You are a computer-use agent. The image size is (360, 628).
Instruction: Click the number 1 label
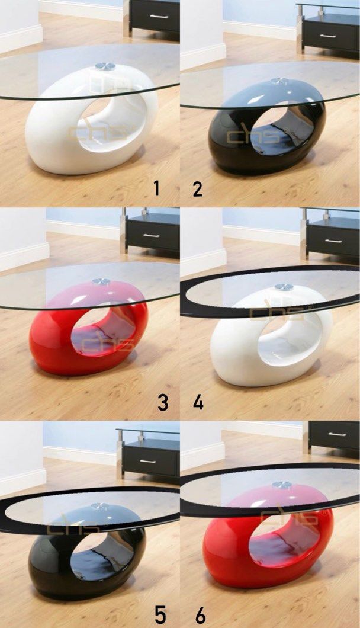point(156,188)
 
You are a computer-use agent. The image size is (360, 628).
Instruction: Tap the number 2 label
point(198,189)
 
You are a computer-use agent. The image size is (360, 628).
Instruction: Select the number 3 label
point(163,402)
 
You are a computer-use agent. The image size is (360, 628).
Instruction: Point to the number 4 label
point(198,402)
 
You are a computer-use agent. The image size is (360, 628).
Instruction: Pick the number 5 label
point(160,615)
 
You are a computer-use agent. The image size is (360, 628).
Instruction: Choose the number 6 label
point(200,615)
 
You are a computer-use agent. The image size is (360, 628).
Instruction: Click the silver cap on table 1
point(105,67)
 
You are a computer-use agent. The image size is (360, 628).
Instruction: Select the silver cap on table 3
point(101,281)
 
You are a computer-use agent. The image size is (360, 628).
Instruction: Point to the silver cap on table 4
point(284,287)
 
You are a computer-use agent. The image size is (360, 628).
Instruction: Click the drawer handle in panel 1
point(158,16)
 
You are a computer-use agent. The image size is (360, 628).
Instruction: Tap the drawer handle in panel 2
point(327,36)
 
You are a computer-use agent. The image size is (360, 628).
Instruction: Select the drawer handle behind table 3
point(152,235)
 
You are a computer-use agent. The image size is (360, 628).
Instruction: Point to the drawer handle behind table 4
point(333,241)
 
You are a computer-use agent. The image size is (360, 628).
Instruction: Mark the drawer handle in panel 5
point(148,460)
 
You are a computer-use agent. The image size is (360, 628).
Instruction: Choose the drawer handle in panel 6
point(337,434)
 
